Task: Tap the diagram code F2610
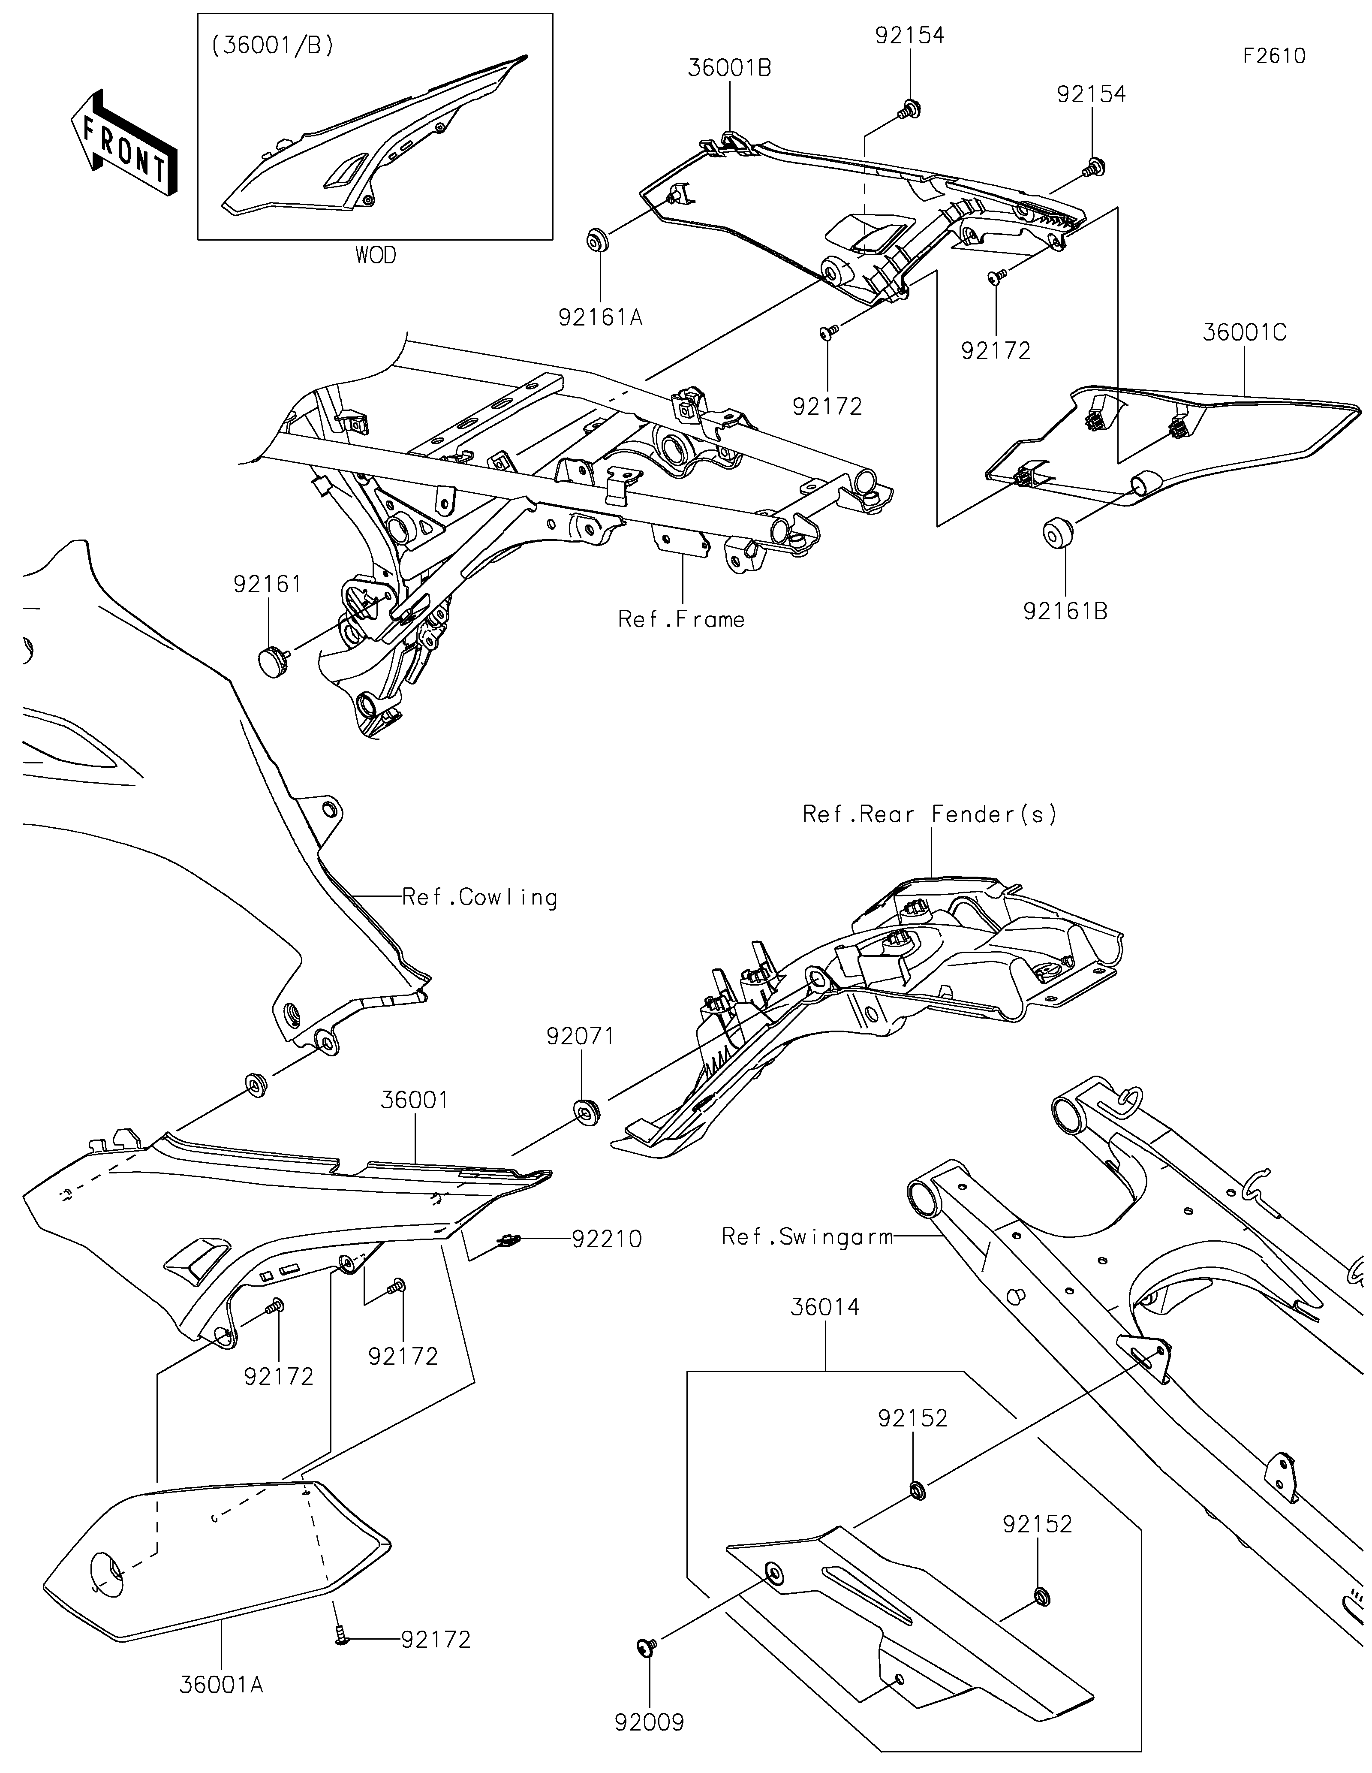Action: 1274,56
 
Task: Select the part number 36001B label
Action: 729,68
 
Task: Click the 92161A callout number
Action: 600,317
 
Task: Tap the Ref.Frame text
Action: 681,619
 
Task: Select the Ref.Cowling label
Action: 479,898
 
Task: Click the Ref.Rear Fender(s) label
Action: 930,814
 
